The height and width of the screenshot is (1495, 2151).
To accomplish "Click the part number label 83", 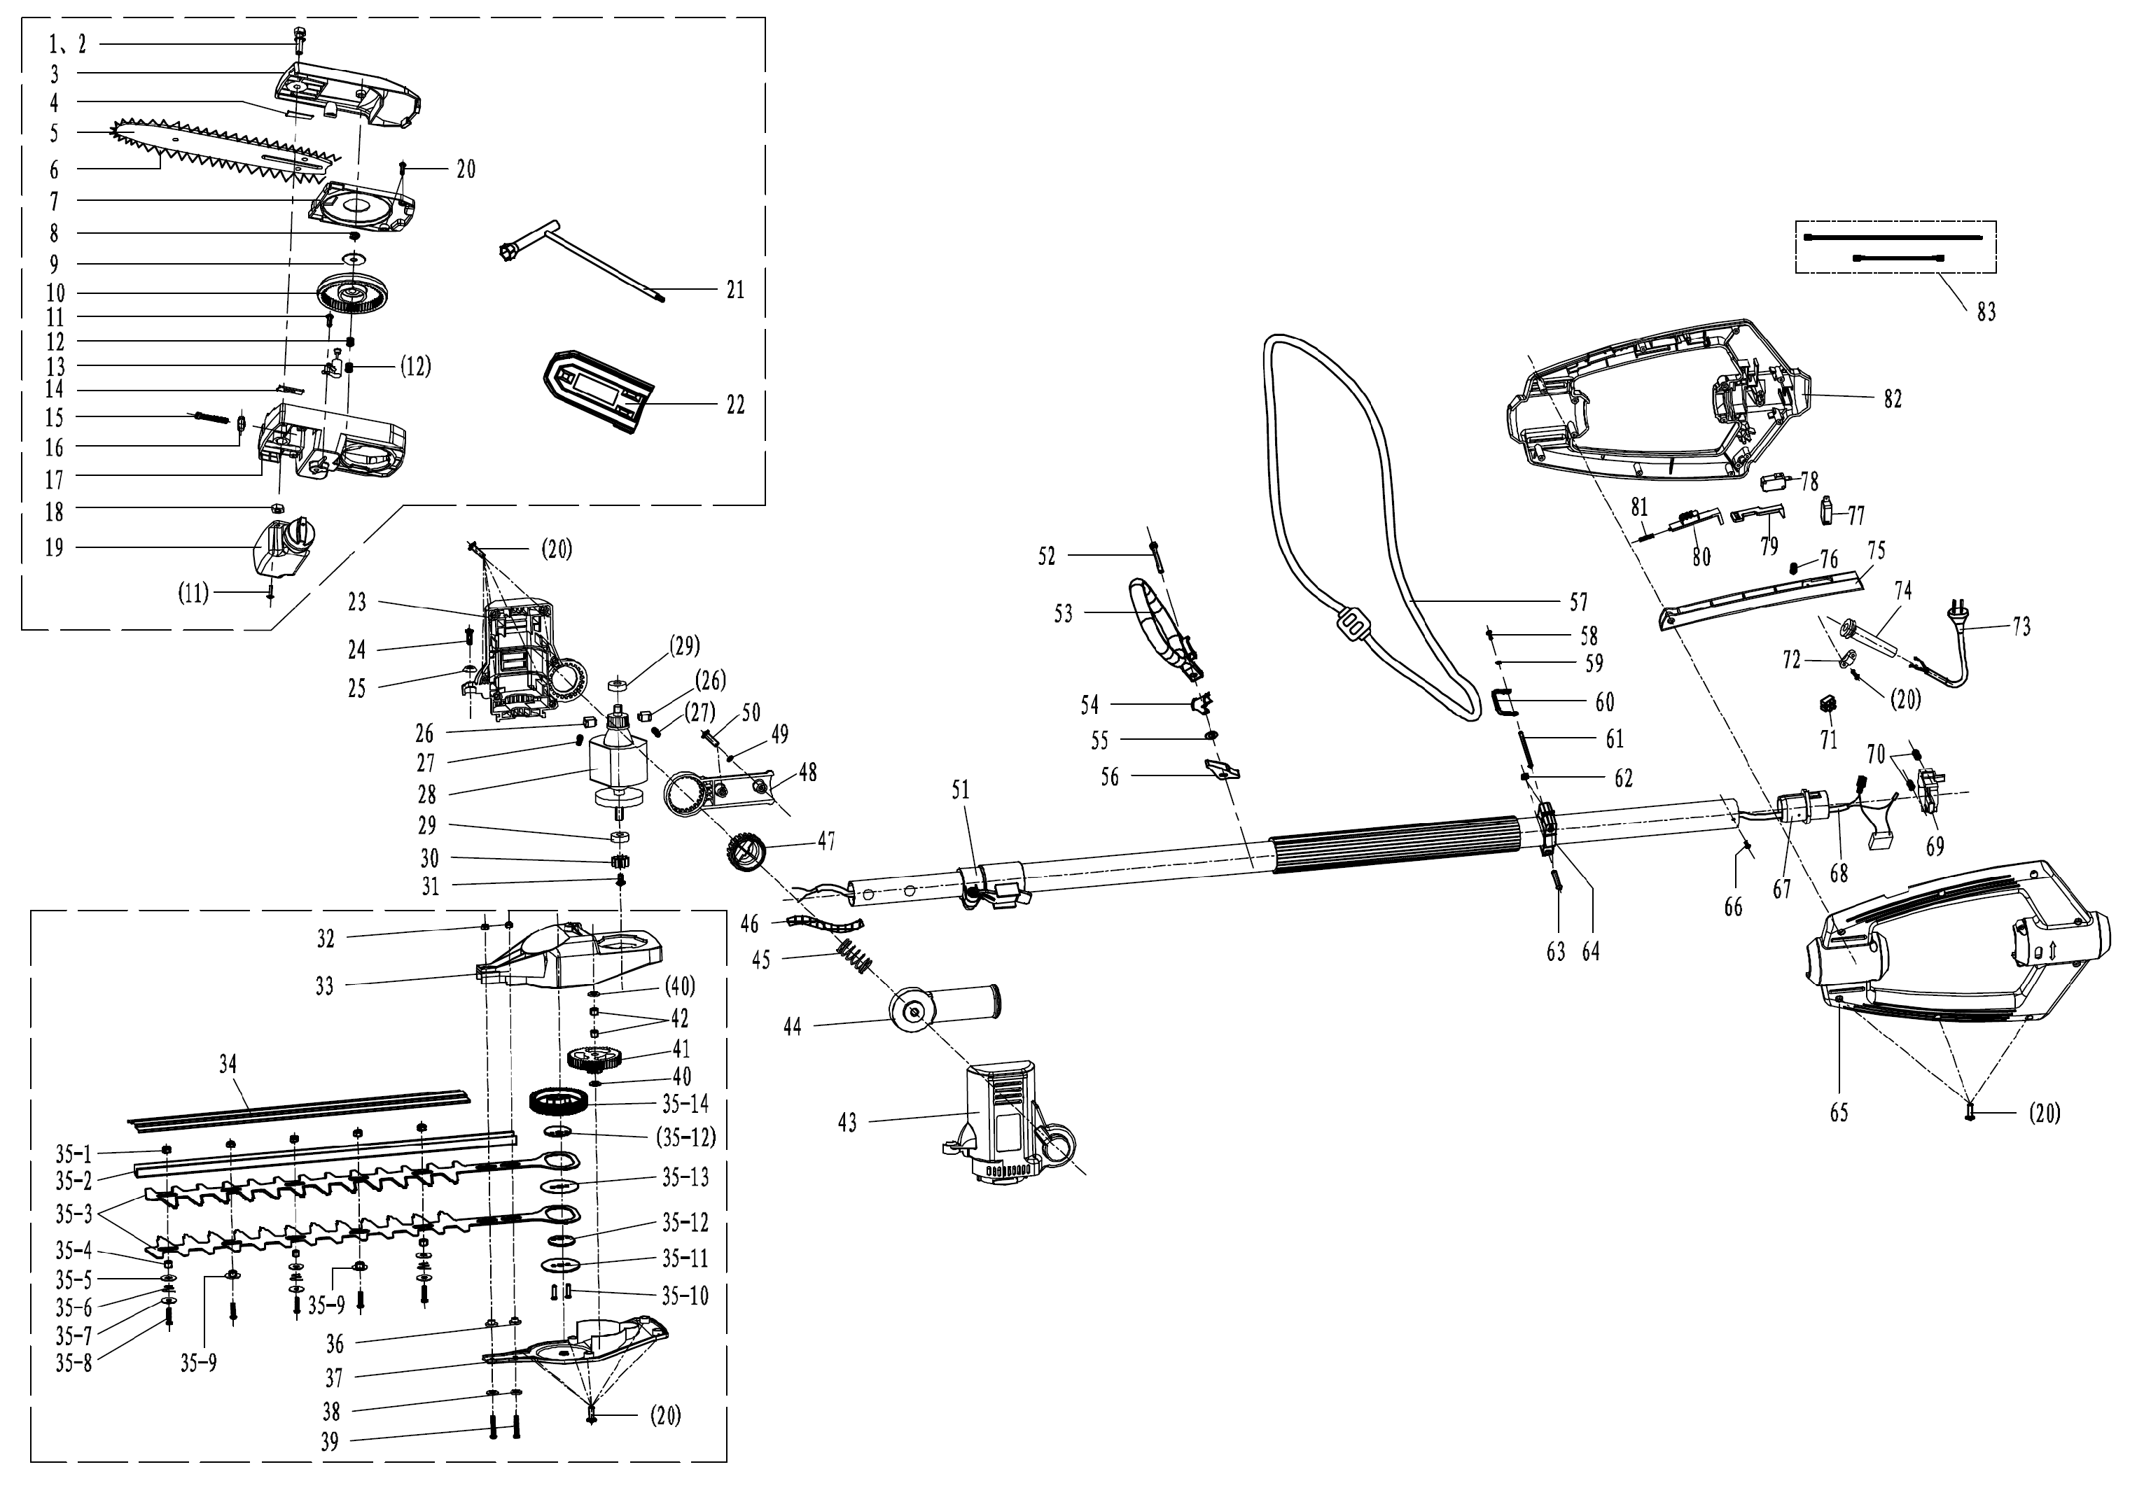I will click(1986, 313).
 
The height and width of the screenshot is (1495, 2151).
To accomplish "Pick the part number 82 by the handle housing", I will click(1893, 399).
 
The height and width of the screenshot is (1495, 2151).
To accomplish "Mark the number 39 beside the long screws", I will click(330, 1443).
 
